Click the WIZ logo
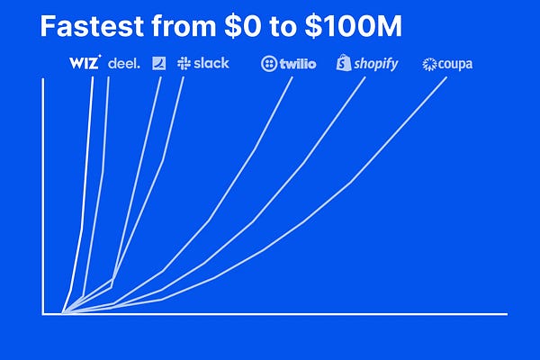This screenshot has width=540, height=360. pos(85,63)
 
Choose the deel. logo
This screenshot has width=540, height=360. pos(124,63)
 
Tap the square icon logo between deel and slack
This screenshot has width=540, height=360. pos(158,63)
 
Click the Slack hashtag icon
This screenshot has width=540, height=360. pos(184,63)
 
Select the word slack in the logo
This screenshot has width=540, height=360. pos(211,63)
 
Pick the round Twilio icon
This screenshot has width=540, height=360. pos(267,64)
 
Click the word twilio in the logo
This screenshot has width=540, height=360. pos(297,64)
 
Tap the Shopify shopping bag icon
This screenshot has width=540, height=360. pos(343,63)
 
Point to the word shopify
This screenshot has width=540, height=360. pos(375,64)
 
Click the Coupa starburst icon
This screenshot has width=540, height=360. pos(429,64)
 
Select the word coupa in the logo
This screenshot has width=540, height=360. pos(454,64)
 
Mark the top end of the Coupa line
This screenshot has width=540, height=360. pos(446,79)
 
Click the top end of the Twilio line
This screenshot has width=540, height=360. pos(292,79)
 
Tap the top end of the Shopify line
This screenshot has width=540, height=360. pos(364,79)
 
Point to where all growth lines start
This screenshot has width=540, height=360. pos(62,313)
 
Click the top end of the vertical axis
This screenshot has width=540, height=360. pos(43,80)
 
